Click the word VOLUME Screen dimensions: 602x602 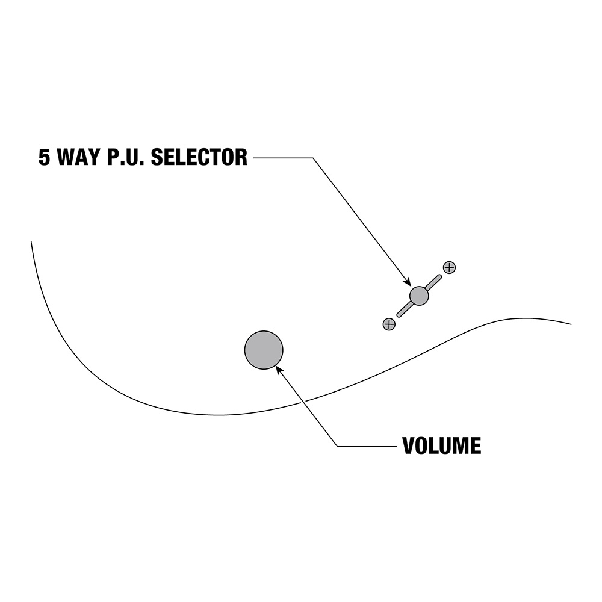coord(441,446)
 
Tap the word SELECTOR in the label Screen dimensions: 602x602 coord(199,158)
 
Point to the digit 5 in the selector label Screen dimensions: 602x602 coord(45,158)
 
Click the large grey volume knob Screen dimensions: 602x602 coord(264,350)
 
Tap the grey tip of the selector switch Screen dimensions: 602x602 coord(419,296)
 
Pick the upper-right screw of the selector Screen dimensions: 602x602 coord(449,267)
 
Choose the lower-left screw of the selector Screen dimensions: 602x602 coord(389,324)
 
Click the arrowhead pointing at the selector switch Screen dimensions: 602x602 coord(407,281)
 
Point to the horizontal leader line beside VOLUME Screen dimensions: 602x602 coord(367,446)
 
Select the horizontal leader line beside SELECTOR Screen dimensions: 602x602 coord(283,158)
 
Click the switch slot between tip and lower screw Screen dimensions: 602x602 coord(405,309)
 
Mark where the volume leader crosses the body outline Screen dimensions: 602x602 coord(304,401)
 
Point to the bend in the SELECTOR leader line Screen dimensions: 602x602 coord(313,158)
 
